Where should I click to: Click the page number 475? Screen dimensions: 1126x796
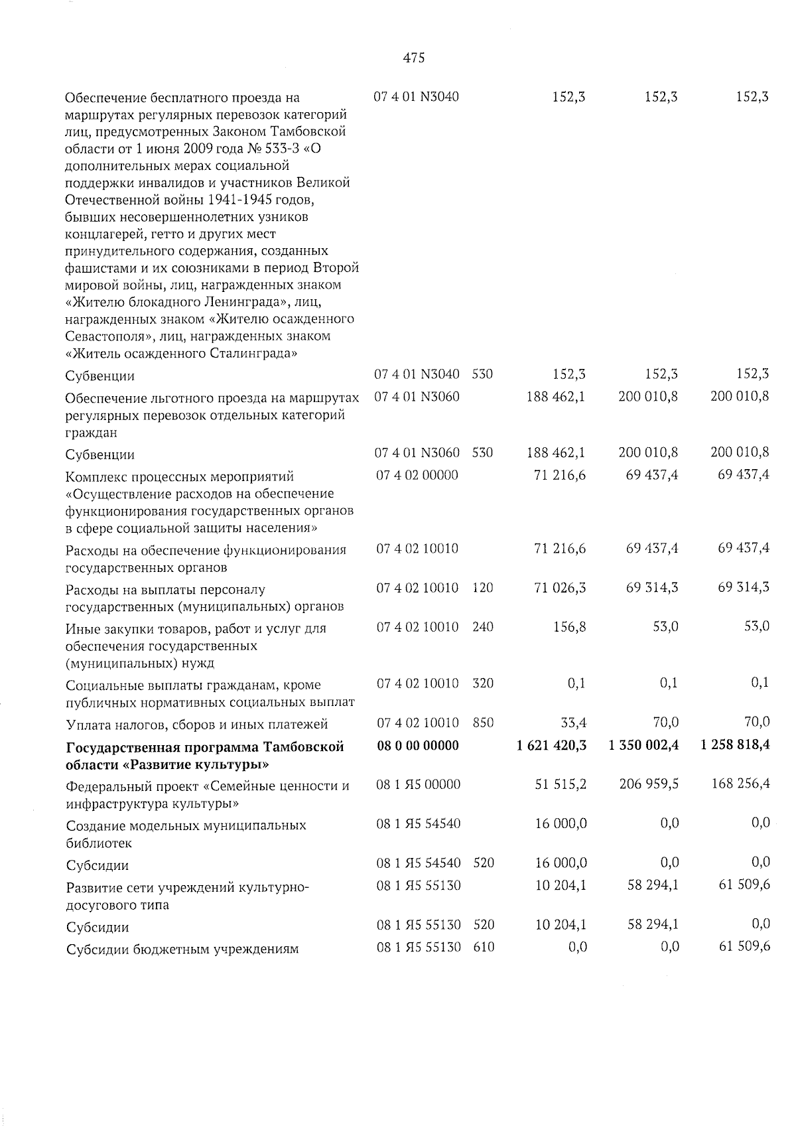pos(413,58)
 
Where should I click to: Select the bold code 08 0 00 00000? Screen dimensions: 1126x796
pos(417,746)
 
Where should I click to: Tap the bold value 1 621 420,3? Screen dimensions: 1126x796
pos(551,746)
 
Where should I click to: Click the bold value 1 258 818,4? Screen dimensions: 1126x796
pos(734,746)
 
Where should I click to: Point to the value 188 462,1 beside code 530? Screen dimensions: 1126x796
pos(556,453)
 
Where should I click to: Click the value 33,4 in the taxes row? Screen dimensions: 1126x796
pos(573,723)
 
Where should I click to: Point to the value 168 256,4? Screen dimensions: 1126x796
pos(738,785)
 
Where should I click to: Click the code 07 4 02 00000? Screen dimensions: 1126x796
pos(417,476)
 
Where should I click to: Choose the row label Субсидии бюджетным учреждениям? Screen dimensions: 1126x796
pos(182,950)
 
